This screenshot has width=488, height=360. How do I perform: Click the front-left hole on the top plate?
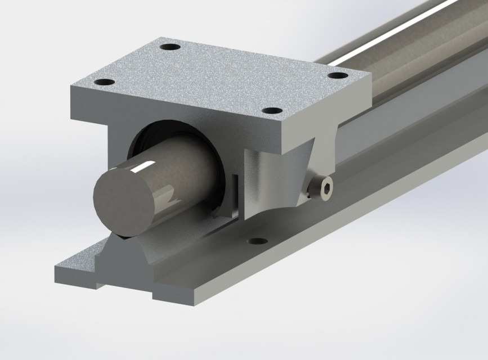tap(104, 83)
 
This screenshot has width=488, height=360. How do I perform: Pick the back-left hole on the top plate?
tap(168, 47)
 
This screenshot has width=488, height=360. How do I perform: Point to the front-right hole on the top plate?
tap(272, 111)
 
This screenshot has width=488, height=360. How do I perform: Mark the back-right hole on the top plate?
tap(336, 75)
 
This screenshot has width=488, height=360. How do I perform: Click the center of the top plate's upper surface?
tap(220, 79)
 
